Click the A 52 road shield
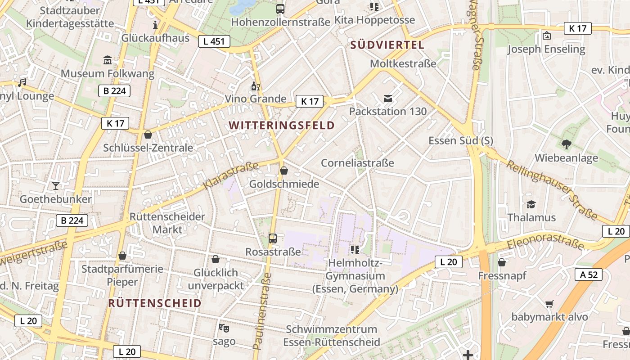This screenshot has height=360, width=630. click(x=589, y=274)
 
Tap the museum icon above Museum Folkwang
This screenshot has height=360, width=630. click(x=108, y=60)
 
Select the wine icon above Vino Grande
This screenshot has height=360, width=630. click(x=255, y=86)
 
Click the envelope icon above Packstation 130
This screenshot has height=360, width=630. click(x=387, y=98)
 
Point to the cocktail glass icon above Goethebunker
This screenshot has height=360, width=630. click(x=56, y=185)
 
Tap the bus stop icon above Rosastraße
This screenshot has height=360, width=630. click(x=272, y=238)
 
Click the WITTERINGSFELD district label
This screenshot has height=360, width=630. click(x=282, y=126)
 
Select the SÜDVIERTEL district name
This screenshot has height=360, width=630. click(x=387, y=45)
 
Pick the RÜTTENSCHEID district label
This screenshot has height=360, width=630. click(x=154, y=303)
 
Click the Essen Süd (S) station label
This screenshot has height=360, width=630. click(x=460, y=141)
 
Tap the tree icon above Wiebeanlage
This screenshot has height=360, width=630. click(x=566, y=144)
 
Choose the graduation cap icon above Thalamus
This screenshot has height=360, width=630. click(x=531, y=204)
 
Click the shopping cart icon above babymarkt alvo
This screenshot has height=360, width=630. click(x=549, y=304)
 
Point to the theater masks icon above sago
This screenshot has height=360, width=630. click(x=224, y=328)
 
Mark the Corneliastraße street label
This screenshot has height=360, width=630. click(x=357, y=163)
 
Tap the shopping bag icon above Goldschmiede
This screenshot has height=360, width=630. click(x=284, y=171)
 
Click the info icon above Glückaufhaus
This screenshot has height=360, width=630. click(x=155, y=25)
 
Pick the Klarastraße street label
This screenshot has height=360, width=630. click(x=231, y=175)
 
